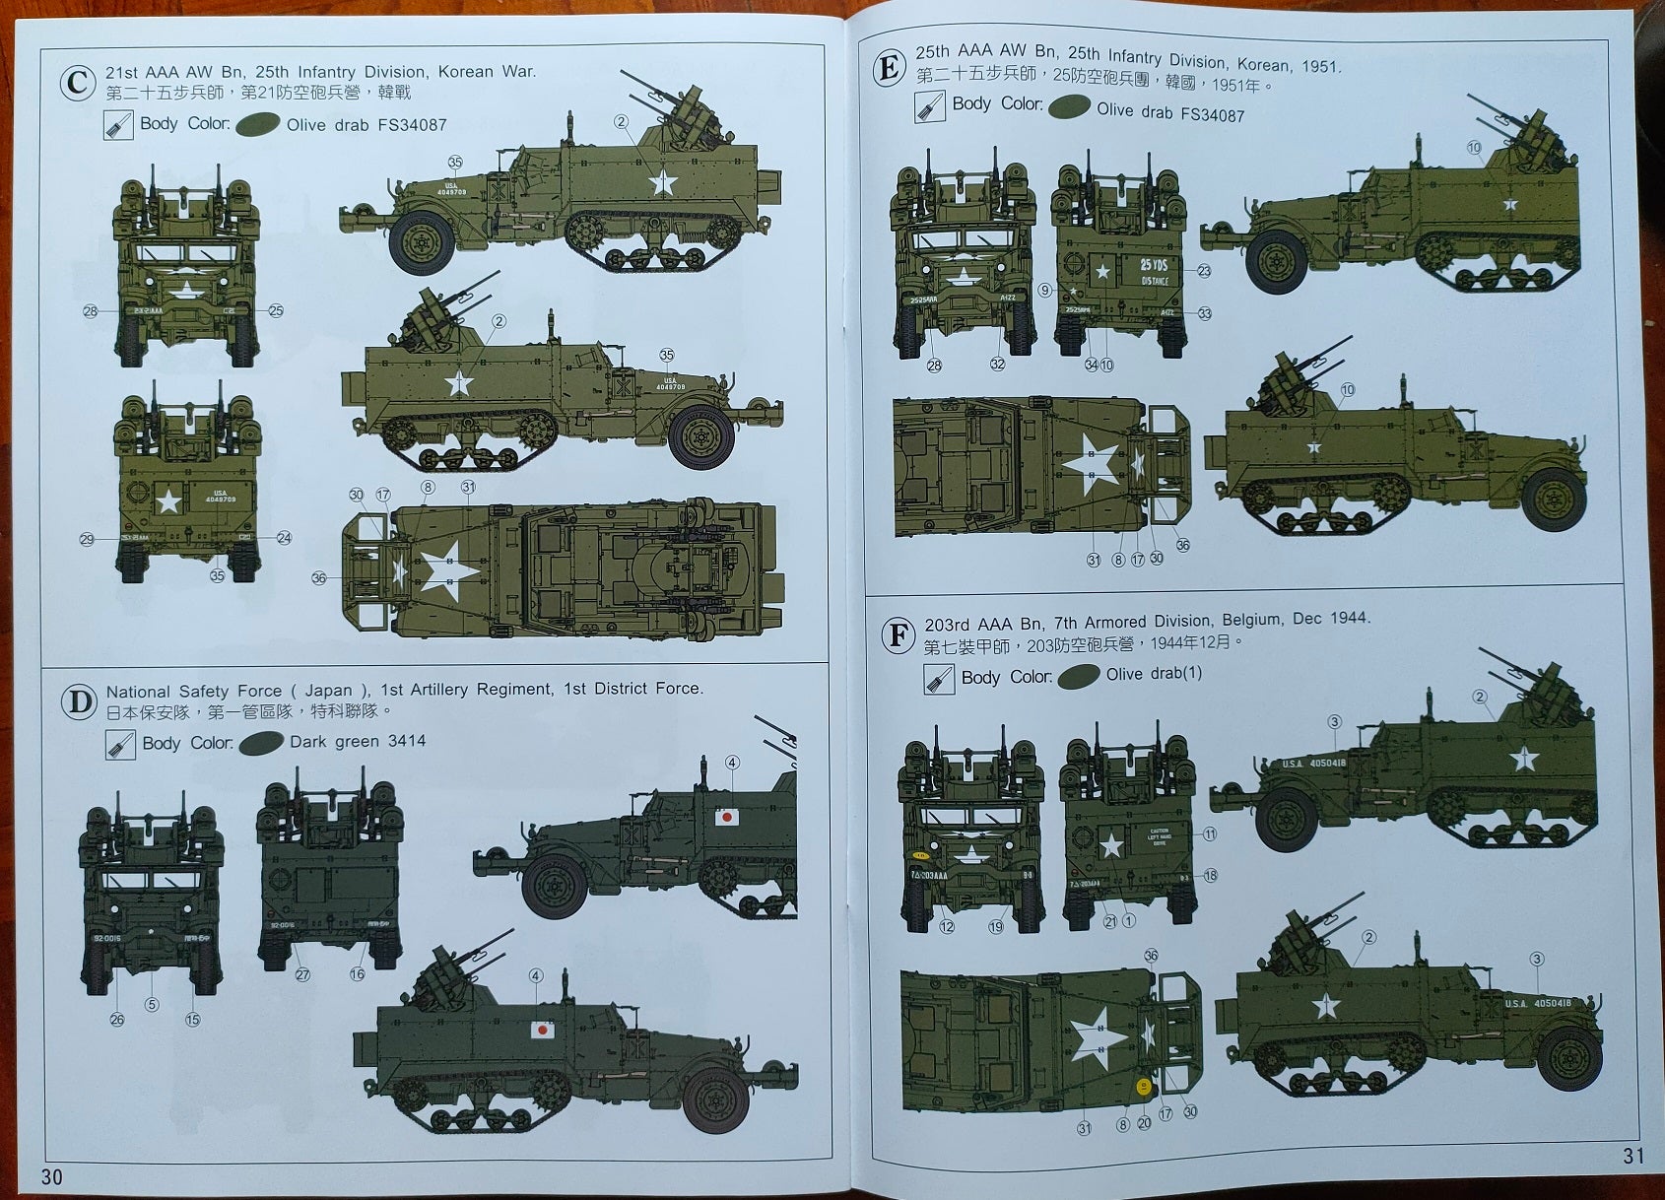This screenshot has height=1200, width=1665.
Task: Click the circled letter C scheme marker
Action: click(x=78, y=82)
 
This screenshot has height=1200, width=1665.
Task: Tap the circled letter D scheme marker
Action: click(x=79, y=702)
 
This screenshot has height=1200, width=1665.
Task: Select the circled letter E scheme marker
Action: click(x=889, y=68)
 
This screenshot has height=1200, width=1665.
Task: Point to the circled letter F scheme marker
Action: click(x=898, y=634)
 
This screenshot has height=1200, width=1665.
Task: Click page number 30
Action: click(x=51, y=1176)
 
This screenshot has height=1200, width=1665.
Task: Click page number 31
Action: click(x=1633, y=1156)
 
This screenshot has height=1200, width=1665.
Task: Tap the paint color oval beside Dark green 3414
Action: click(x=261, y=742)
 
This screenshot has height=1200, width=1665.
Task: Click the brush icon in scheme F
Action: click(x=938, y=679)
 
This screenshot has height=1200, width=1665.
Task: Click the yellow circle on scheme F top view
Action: click(x=1144, y=1088)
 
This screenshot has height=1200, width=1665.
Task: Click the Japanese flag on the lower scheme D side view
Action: click(x=542, y=1030)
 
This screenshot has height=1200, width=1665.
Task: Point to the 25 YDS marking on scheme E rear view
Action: click(x=1154, y=265)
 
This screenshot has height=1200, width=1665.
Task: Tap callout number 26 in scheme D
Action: click(x=117, y=1019)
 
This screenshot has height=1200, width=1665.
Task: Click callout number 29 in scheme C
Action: click(x=87, y=539)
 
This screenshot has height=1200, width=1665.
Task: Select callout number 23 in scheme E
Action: click(x=1204, y=270)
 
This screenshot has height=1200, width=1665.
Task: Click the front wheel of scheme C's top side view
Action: click(x=422, y=241)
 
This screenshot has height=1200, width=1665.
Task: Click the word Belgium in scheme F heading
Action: click(x=1252, y=620)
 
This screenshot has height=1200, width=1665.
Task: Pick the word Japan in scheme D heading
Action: click(x=328, y=691)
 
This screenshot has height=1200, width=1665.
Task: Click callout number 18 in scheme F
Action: click(x=1210, y=875)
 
